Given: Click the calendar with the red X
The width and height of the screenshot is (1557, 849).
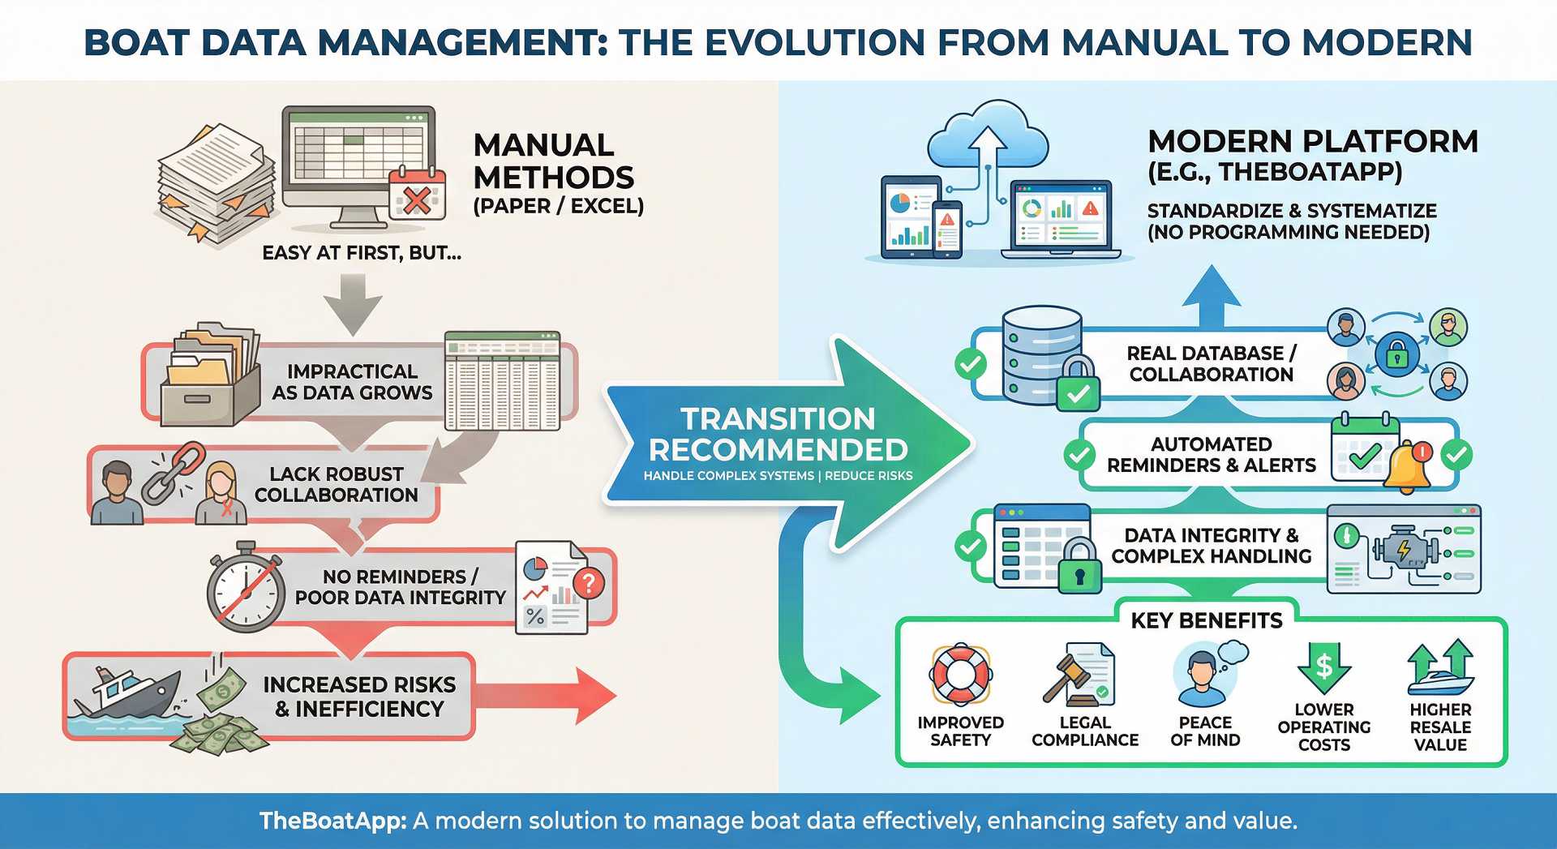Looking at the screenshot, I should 417,195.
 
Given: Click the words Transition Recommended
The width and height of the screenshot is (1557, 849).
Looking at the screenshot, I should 778,435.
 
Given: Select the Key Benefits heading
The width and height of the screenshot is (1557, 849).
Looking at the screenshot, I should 1207,621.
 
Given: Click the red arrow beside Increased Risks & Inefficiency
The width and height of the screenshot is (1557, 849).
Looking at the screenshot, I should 551,696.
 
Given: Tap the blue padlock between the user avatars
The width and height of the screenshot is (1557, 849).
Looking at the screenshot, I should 1396,354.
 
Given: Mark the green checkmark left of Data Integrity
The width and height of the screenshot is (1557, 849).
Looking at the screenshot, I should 971,546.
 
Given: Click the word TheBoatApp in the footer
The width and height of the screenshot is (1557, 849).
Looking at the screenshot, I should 332,821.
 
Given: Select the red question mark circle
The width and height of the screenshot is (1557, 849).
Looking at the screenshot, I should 589,581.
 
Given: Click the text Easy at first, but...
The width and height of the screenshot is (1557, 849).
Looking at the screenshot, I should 362,253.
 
